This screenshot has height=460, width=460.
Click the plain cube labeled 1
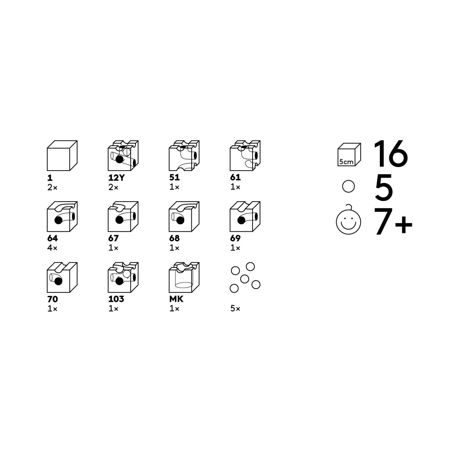click(62, 155)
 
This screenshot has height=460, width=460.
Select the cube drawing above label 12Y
click(123, 155)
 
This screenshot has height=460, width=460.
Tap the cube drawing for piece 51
click(184, 155)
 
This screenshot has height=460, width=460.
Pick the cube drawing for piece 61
click(245, 155)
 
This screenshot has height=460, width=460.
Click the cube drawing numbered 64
click(62, 216)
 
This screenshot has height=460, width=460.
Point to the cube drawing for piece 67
click(123, 216)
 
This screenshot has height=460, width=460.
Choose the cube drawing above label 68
click(184, 216)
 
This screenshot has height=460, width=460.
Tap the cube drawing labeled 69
click(245, 216)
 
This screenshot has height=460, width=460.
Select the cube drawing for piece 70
click(62, 277)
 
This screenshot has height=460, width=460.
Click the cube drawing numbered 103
click(123, 277)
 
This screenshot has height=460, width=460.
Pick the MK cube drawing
click(184, 277)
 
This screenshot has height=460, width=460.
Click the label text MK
click(176, 299)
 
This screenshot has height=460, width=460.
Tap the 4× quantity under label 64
click(52, 248)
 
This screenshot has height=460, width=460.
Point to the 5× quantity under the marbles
click(235, 309)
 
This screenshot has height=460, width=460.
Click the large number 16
click(391, 154)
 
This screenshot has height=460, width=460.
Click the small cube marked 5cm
click(349, 155)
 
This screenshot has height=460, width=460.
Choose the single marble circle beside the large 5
click(348, 186)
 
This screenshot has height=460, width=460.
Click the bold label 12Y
click(116, 177)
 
